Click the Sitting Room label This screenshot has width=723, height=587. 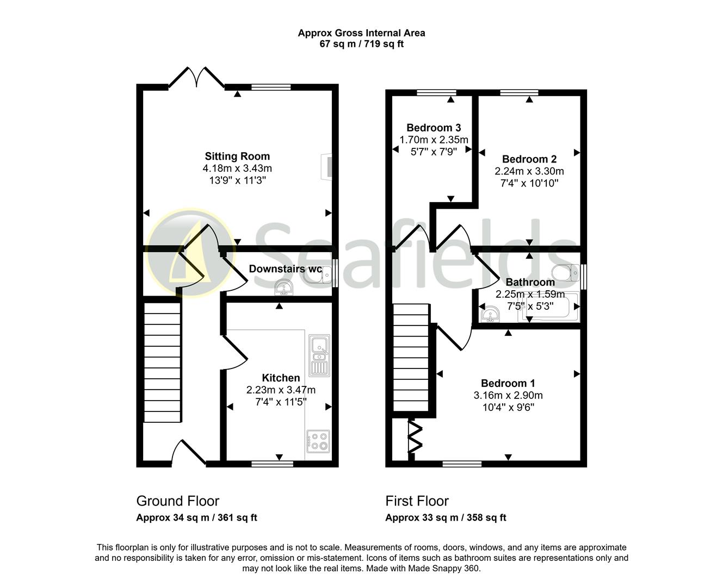click(x=237, y=157)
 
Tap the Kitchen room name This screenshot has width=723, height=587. click(x=281, y=378)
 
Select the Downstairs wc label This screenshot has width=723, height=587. click(x=285, y=268)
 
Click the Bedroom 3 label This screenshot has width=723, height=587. click(x=434, y=128)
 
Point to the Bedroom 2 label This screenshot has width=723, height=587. click(x=529, y=159)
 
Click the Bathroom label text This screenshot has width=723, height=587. click(x=530, y=282)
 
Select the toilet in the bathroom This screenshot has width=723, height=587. click(x=566, y=272)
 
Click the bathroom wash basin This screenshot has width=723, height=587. click(x=491, y=315)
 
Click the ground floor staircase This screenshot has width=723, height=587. click(x=162, y=363)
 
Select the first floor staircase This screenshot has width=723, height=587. click(x=411, y=359)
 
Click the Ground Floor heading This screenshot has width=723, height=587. click(x=177, y=501)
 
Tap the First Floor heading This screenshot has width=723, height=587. click(x=417, y=501)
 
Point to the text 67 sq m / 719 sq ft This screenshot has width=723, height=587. click(x=361, y=44)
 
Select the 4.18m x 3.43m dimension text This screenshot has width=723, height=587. click(x=237, y=168)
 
